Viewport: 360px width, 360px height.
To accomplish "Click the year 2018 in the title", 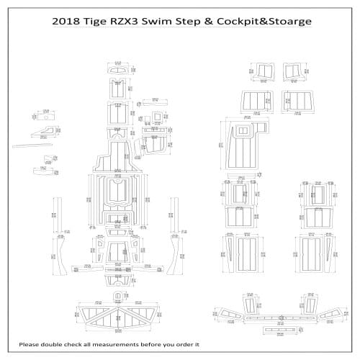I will click(x=70, y=21).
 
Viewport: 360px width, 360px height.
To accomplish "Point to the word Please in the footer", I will click(x=33, y=344).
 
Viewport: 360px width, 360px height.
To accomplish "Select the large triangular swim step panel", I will click(x=116, y=315).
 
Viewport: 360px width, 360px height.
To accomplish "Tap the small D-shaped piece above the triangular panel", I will click(x=117, y=297).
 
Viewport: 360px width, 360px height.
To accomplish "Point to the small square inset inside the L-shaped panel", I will click(x=261, y=130).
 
